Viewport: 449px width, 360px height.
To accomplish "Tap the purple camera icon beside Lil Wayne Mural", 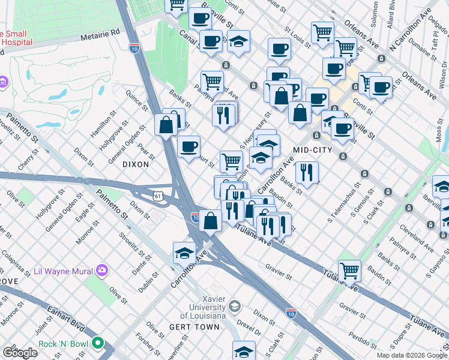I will pyautogui.click(x=101, y=269).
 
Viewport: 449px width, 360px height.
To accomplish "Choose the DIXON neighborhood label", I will pyautogui.click(x=135, y=164).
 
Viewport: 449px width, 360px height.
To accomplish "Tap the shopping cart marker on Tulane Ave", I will pyautogui.click(x=349, y=270).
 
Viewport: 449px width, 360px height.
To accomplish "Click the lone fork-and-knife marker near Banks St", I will pyautogui.click(x=307, y=172).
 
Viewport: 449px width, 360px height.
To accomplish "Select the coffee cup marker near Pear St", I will pyautogui.click(x=188, y=146).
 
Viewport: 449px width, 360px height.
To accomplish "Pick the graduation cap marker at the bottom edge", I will pyautogui.click(x=244, y=351).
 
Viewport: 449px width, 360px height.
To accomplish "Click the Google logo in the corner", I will pyautogui.click(x=20, y=353).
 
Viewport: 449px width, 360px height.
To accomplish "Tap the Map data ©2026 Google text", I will pyautogui.click(x=411, y=355).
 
